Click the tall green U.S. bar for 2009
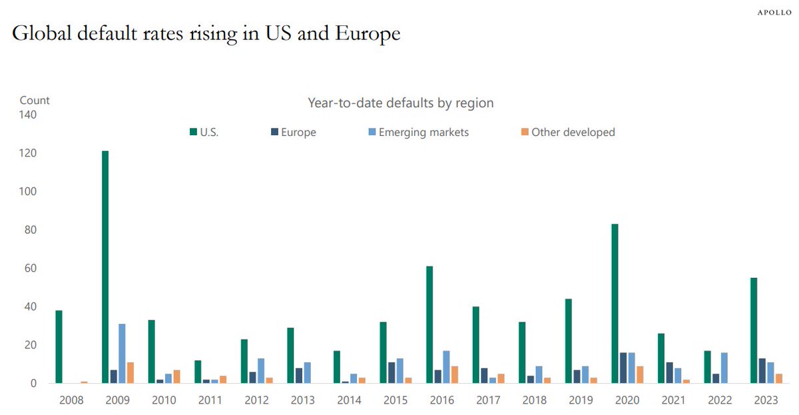coord(105,266)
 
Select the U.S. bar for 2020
coord(615,304)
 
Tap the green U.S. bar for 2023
coord(754,330)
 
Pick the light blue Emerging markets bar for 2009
coord(122,354)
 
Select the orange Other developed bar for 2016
coord(455,375)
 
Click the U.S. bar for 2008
coord(59,347)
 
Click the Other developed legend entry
coord(567,133)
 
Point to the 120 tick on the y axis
coord(27,153)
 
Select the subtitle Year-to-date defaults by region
coord(400,103)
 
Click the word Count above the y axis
coord(35,101)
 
